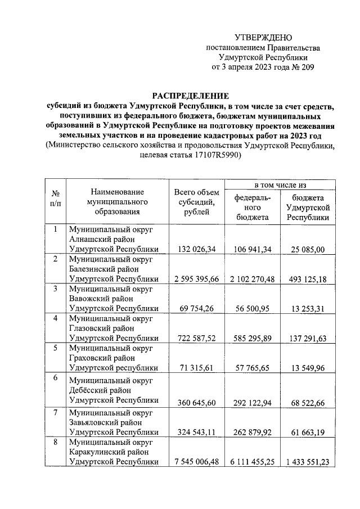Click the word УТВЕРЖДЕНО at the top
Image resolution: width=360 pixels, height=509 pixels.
(x=264, y=38)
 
